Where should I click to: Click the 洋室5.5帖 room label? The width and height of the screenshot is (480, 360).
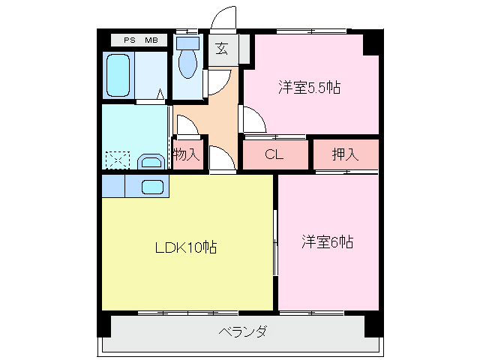pyautogui.click(x=308, y=88)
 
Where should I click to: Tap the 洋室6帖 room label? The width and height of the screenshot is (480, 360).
pyautogui.click(x=328, y=241)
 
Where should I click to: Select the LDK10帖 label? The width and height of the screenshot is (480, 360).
pyautogui.click(x=185, y=247)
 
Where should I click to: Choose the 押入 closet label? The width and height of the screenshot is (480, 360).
pyautogui.click(x=345, y=155)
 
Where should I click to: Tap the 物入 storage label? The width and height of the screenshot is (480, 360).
pyautogui.click(x=187, y=154)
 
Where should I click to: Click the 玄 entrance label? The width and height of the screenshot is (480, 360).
pyautogui.click(x=223, y=49)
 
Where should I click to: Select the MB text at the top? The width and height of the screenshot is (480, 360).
pyautogui.click(x=151, y=39)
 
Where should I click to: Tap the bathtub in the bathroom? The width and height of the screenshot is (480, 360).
pyautogui.click(x=118, y=76)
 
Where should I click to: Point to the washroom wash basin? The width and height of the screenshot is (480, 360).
pyautogui.click(x=151, y=161)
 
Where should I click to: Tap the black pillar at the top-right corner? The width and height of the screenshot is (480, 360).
pyautogui.click(x=370, y=42)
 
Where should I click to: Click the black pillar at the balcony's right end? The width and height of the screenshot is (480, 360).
pyautogui.click(x=373, y=327)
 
